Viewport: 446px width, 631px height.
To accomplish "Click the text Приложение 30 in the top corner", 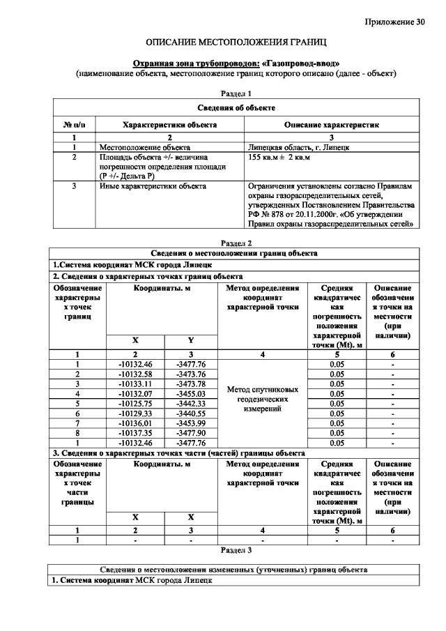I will (394, 22).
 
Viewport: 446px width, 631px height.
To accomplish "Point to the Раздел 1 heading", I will (236, 93).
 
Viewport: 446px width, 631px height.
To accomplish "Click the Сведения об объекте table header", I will (236, 108).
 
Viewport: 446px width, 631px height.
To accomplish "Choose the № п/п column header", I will (74, 125).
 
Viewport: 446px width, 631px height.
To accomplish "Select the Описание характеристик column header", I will (332, 125).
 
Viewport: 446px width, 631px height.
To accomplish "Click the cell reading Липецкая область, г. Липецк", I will (298, 148).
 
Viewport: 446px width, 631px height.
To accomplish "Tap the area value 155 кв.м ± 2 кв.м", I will (279, 158).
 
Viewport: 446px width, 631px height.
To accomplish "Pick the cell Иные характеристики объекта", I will (153, 187).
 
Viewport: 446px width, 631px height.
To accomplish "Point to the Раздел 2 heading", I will (236, 243).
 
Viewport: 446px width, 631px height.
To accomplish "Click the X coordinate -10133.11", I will (135, 383).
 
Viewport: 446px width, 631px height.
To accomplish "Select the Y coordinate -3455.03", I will (192, 393).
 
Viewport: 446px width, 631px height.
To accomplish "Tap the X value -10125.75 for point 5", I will (135, 403).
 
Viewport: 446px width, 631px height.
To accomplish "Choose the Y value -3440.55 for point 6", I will (192, 413).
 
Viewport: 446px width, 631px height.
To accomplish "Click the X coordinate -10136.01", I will (135, 423).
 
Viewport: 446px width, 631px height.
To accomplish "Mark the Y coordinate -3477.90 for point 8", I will (192, 432).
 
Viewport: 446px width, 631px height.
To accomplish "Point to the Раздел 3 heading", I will (236, 550).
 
